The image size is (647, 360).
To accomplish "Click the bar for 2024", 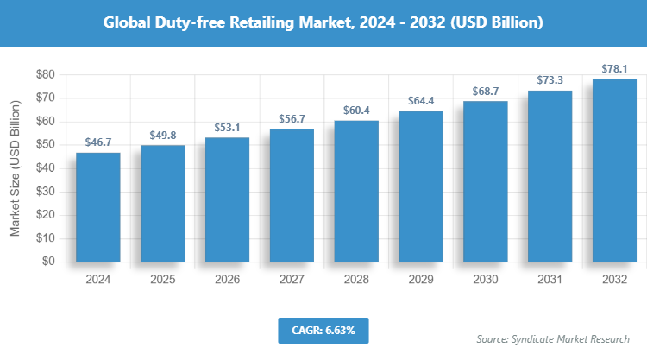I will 97,207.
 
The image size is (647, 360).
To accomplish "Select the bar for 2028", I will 356,191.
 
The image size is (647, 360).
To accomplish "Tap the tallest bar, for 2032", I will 614,170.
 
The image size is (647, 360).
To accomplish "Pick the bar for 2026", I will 227,199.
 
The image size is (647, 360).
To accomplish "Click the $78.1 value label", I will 614,69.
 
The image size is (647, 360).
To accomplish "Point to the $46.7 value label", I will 97,142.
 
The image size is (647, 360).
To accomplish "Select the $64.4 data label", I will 421,101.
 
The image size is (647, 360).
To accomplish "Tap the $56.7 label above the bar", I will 292,119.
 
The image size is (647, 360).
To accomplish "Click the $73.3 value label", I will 550,80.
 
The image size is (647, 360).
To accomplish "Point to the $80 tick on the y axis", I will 44,75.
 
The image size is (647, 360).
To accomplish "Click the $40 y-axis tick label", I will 44,168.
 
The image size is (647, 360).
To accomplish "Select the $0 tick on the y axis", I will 47,262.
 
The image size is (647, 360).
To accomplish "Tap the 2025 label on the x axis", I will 162,280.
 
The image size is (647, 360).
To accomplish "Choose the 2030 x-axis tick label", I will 486,280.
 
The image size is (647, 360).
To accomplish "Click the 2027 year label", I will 292,280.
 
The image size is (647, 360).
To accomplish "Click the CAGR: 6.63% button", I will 323,330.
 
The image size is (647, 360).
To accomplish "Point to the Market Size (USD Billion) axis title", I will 15,169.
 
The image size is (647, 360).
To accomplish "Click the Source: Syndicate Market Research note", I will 553,338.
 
